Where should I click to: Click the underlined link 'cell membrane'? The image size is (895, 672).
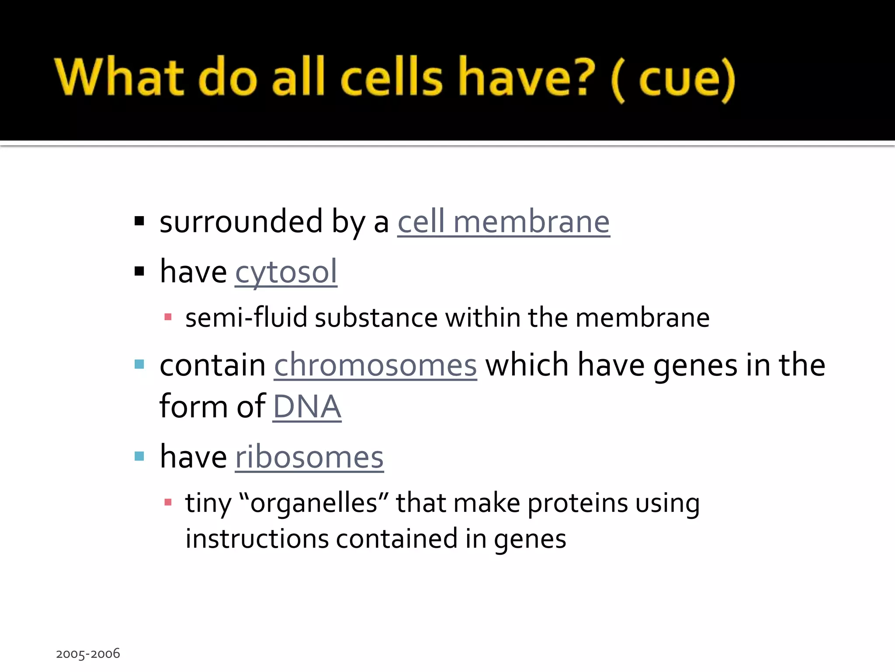pos(503,222)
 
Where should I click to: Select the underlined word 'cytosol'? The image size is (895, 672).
pos(286,272)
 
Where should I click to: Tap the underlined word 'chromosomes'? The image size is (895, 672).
pos(375,365)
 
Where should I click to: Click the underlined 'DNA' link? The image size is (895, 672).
pos(307,407)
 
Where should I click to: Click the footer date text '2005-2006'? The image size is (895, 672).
pos(88,654)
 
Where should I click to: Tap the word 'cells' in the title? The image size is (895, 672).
pos(391,77)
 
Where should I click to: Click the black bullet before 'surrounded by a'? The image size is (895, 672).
pos(139,221)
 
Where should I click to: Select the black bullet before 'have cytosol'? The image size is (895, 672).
pos(139,272)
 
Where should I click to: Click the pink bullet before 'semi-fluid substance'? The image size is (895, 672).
pos(168,317)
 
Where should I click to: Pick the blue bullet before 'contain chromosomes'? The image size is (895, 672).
pos(139,364)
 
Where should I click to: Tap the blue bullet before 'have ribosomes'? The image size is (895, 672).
pos(139,457)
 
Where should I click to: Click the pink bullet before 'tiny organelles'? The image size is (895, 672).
pos(168,502)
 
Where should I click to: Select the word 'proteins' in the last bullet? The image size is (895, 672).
pos(578,503)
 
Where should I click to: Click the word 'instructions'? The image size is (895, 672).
pos(257,539)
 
